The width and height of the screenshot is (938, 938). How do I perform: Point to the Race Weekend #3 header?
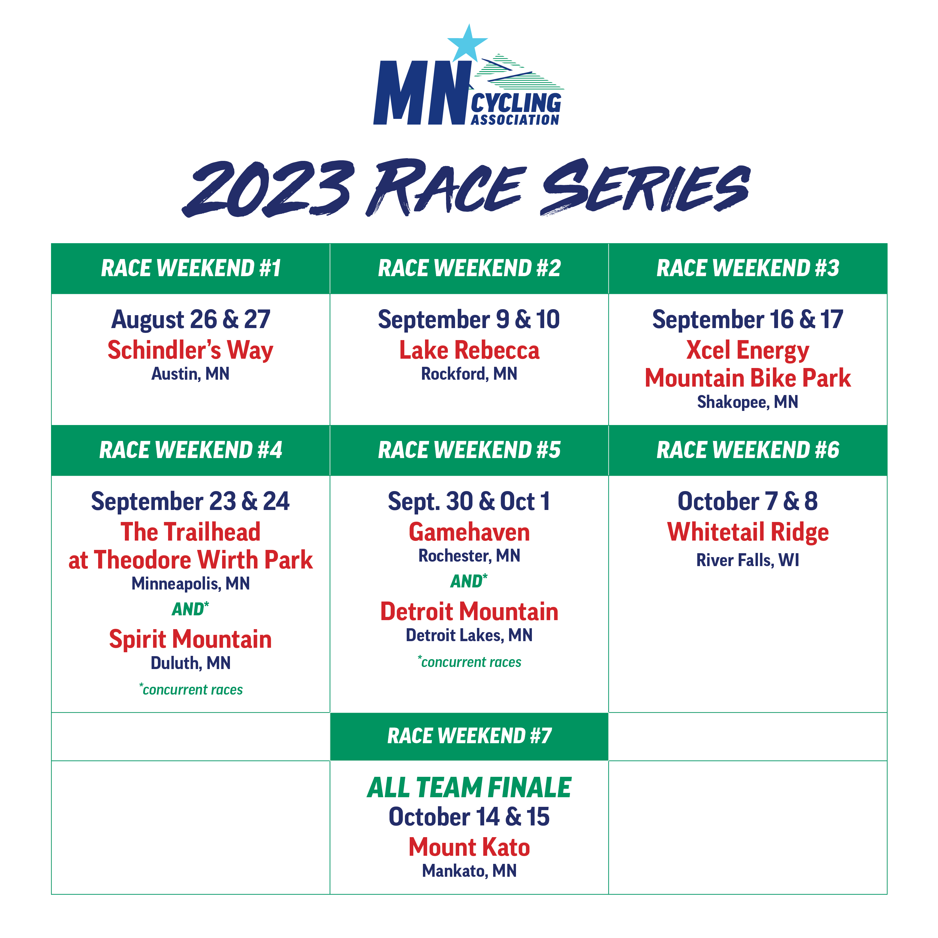pos(748,268)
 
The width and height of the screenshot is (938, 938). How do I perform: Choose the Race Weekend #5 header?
pos(469,450)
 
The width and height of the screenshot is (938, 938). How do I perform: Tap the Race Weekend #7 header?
pos(469,736)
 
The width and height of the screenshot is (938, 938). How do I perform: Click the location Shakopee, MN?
pos(748,402)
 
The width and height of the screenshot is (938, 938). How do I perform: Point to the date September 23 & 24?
pos(190,502)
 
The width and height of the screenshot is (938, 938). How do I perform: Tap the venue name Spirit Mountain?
pos(190,639)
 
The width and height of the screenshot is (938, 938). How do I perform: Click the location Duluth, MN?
pos(190,663)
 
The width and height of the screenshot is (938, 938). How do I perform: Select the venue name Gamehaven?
pos(469,532)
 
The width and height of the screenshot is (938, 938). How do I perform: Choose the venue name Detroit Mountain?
pos(469,612)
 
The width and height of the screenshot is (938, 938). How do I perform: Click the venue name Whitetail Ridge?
pos(748,532)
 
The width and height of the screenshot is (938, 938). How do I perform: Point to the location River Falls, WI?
pos(748,560)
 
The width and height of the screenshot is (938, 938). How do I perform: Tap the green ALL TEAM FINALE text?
pos(469,788)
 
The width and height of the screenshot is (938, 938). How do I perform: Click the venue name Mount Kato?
pos(469,848)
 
